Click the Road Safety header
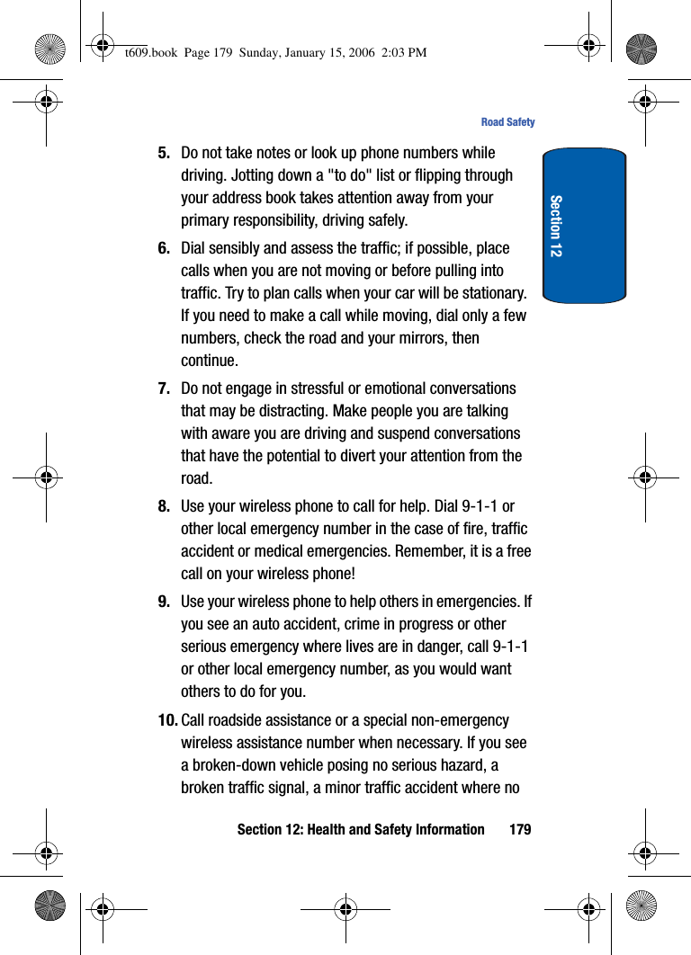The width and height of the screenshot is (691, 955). (x=507, y=122)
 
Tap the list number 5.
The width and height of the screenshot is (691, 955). (x=165, y=153)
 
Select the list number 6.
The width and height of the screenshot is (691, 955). (x=165, y=248)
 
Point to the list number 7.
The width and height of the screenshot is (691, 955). (x=165, y=388)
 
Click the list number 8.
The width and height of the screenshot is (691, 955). (x=165, y=506)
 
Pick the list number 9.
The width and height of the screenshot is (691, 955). (x=165, y=602)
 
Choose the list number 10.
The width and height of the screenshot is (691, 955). (x=167, y=720)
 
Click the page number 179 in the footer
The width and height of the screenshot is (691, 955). (x=520, y=829)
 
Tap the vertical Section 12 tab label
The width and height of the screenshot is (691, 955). (x=556, y=226)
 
